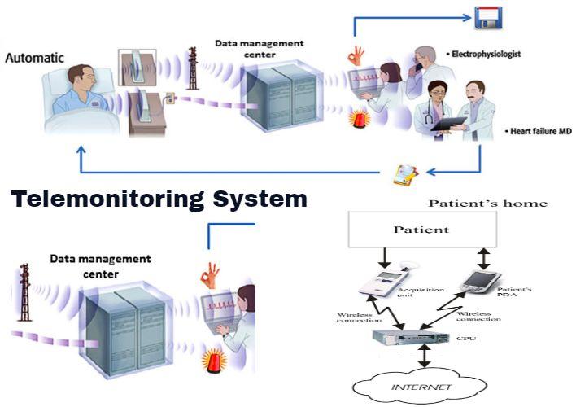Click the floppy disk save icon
tap(489, 17)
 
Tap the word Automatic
tap(33, 59)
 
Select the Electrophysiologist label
tap(486, 55)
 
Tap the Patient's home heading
tap(488, 203)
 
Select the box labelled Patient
tap(421, 230)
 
